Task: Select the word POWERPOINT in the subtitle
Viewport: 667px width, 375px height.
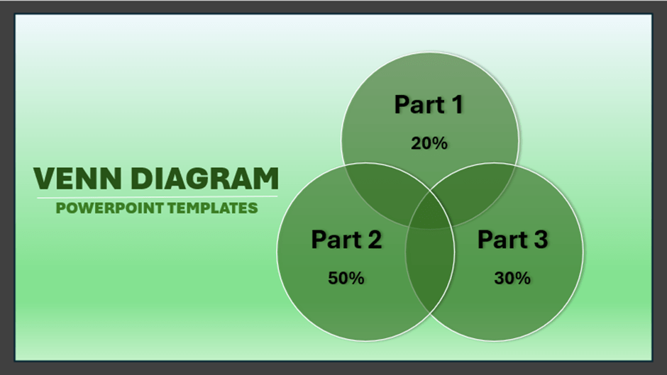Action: click(102, 208)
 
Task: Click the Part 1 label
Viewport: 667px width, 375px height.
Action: click(429, 104)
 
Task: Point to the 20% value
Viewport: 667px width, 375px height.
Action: click(429, 143)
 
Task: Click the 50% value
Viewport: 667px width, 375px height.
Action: click(346, 278)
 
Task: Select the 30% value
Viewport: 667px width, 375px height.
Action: click(512, 278)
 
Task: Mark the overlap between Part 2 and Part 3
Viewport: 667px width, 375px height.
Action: click(430, 273)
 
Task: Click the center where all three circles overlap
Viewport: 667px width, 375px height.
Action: click(430, 213)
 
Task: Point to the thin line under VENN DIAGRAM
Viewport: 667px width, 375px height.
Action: click(156, 196)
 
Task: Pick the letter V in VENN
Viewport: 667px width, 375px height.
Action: click(45, 179)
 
